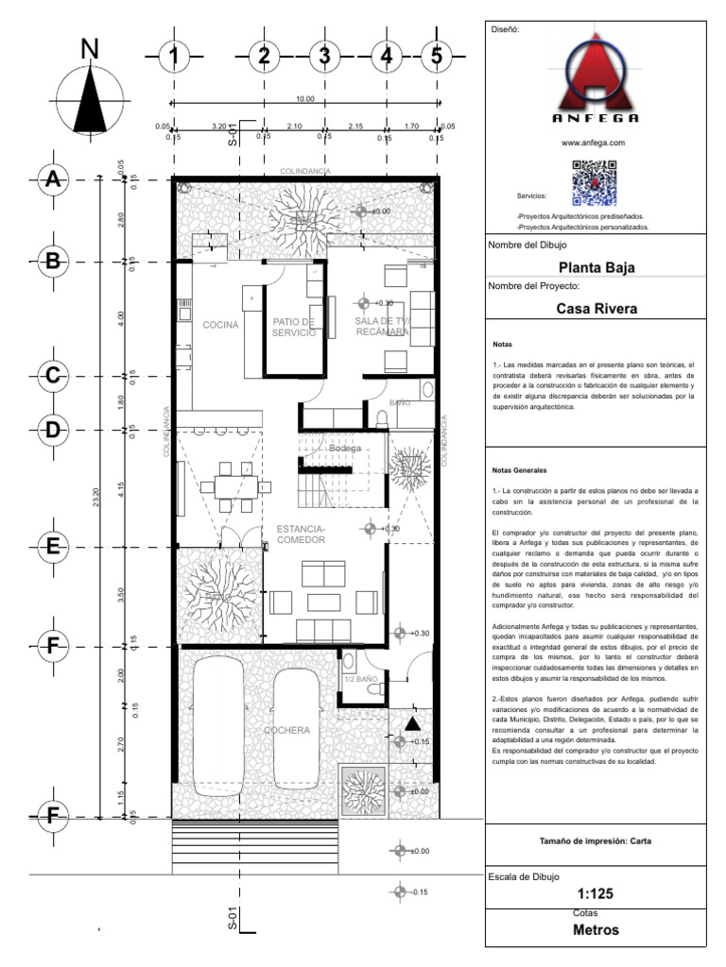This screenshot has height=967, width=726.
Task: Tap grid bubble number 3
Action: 324,58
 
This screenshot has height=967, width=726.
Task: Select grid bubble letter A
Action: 53,180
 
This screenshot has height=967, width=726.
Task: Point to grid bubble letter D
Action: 53,431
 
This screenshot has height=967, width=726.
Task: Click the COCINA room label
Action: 219,325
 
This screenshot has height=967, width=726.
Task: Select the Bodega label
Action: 338,448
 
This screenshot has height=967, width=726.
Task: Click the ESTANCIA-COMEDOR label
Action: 302,534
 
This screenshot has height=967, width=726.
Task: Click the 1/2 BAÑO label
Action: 360,679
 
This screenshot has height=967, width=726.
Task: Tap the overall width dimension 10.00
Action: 304,99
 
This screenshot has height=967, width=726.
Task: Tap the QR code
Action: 594,184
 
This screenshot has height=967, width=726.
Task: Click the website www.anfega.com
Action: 594,143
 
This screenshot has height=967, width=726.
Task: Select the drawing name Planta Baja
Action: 596,267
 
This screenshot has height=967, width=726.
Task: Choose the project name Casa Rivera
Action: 596,308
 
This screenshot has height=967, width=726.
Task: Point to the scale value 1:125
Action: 596,894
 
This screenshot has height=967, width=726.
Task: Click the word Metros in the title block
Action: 596,930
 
